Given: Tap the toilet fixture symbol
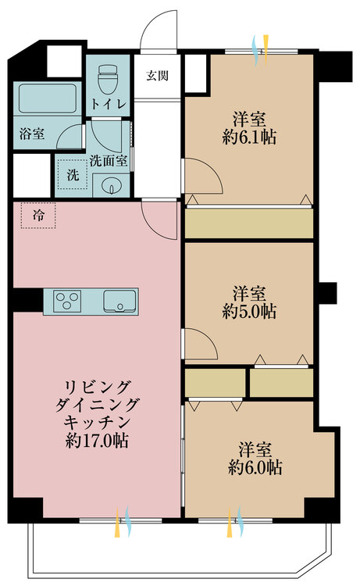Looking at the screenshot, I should click(108, 78).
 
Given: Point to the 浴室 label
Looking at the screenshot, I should click(32, 134).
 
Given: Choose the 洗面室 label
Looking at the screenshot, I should click(109, 162).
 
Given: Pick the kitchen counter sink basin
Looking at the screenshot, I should click(119, 299).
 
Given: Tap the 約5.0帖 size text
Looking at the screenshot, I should click(249, 312).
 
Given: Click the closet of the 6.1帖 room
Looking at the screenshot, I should click(248, 223).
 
